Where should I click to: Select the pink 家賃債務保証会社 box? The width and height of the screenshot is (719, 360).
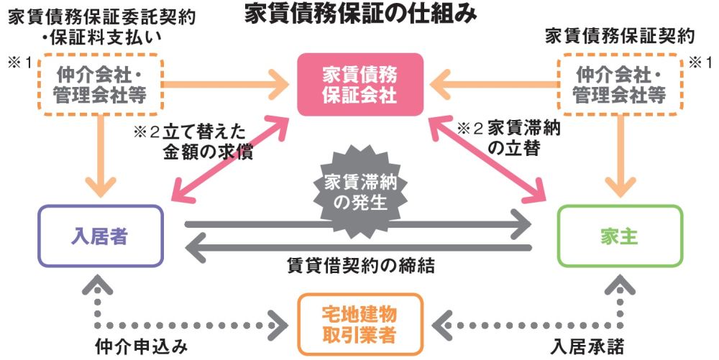359,84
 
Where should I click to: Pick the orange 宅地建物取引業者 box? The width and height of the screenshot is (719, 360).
359,324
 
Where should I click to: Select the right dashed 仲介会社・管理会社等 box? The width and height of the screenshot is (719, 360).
619,84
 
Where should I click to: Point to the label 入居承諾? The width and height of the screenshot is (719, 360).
583,346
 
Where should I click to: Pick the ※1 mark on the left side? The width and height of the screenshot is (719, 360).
20,63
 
